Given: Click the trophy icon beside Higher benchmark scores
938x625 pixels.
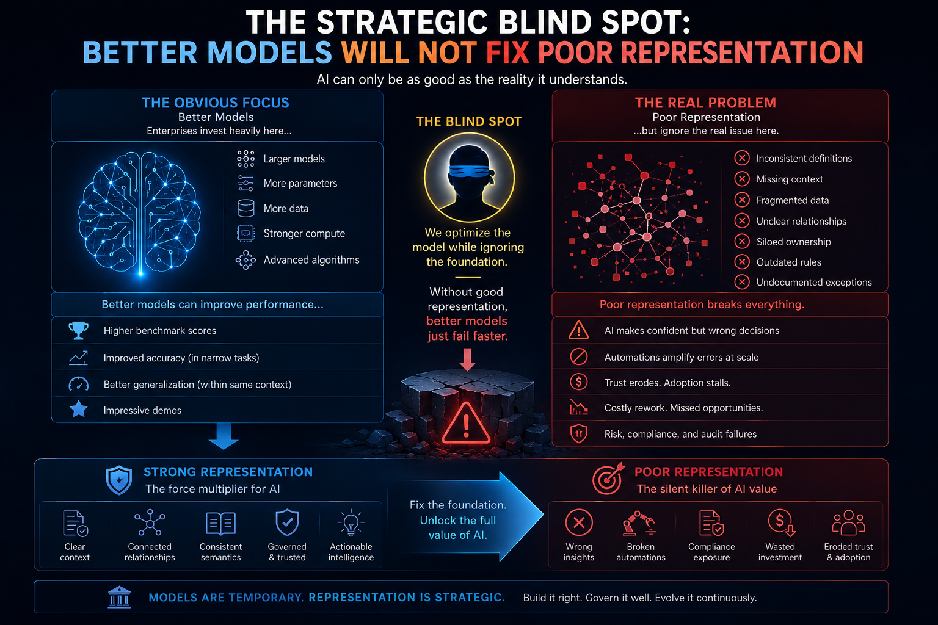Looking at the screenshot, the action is click(x=78, y=330).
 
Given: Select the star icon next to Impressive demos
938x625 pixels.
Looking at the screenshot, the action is click(x=78, y=410).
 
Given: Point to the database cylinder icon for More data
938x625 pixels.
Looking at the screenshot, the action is click(x=246, y=208).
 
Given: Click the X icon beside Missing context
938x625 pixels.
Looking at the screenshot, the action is click(x=741, y=179).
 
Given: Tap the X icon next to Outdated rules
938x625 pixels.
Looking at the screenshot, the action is click(x=741, y=262).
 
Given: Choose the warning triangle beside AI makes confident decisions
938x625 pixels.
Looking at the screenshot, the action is click(x=579, y=330).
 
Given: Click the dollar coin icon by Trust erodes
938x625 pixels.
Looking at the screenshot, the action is click(x=579, y=382).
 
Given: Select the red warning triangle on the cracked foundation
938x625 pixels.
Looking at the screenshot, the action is click(x=466, y=424).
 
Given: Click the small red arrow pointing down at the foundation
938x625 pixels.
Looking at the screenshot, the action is click(x=467, y=359).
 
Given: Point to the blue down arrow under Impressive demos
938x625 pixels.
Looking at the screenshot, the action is click(x=224, y=436).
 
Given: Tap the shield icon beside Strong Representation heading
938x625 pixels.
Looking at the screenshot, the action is click(x=119, y=480).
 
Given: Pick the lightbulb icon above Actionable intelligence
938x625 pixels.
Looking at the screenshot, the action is click(x=351, y=523).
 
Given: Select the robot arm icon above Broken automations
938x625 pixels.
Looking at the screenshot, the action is click(x=639, y=523).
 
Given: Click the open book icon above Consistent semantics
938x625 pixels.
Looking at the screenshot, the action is click(x=220, y=523).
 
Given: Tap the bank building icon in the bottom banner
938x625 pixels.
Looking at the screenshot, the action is click(x=119, y=597).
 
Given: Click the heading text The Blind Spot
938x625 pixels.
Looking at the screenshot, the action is click(x=469, y=121).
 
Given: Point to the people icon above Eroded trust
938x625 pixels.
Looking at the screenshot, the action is click(x=848, y=523).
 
